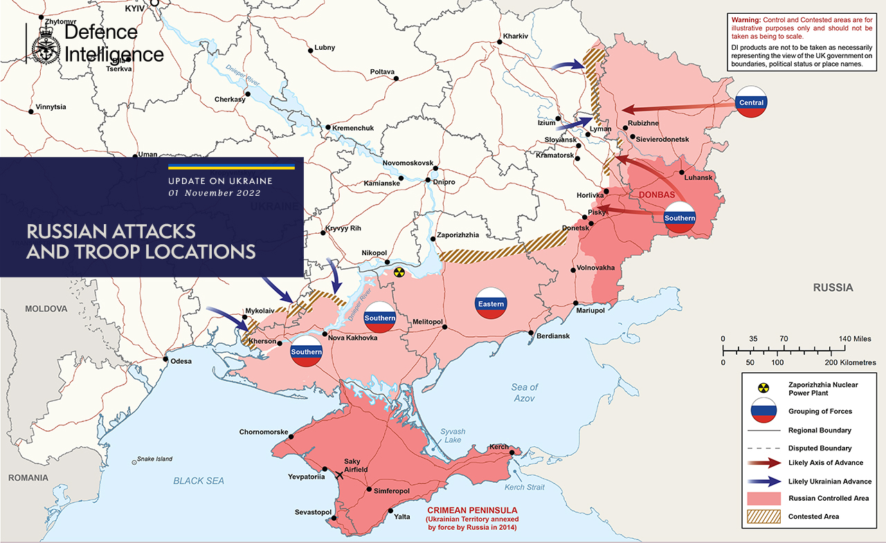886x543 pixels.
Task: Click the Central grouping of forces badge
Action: coord(751,102)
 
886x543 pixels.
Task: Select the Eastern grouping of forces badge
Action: coord(491,304)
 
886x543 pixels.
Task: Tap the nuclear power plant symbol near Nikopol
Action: coord(398,273)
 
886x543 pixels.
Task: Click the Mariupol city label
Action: coord(590,311)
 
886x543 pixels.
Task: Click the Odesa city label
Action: coord(181,360)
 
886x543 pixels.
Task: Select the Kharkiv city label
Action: coord(516,36)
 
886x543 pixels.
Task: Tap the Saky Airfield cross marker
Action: coord(339,475)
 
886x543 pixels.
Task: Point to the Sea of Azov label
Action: coord(524,393)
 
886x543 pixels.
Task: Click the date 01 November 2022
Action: coord(215,193)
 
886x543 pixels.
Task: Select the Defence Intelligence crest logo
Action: coord(45,44)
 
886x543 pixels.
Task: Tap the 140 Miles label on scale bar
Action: coord(856,339)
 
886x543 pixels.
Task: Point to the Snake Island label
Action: coord(154,459)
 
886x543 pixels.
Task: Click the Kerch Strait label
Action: coord(524,488)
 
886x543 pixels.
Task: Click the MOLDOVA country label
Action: coord(46,309)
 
